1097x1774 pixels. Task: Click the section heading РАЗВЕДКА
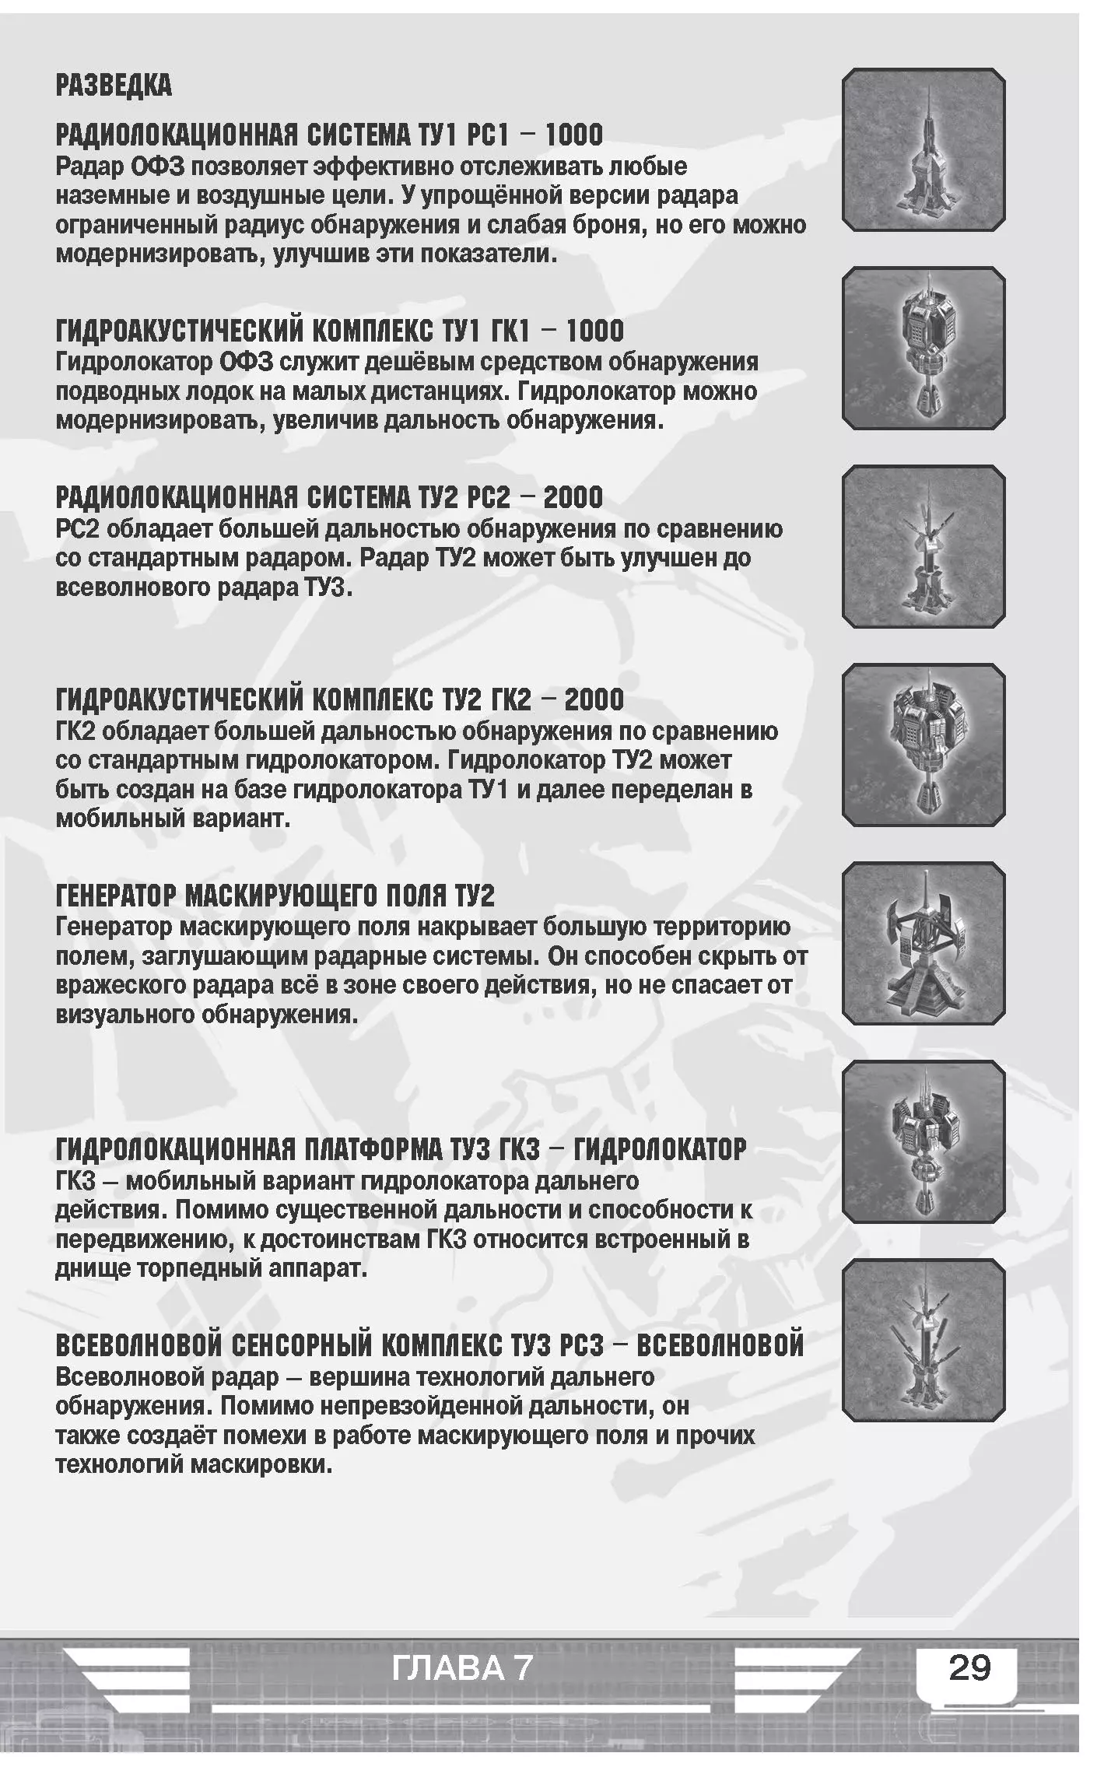click(114, 86)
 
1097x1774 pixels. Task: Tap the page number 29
click(969, 1667)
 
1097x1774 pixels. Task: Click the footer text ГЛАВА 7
click(462, 1668)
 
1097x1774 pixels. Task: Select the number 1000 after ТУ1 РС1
click(573, 135)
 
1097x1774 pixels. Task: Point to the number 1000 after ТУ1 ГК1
click(594, 331)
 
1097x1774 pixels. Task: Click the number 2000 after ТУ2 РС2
click(573, 497)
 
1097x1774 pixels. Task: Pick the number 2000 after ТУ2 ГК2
click(594, 699)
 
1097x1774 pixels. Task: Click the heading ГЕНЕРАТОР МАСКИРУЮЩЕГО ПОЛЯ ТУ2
click(275, 896)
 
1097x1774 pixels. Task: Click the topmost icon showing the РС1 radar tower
click(924, 149)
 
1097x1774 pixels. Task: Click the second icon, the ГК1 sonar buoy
click(924, 348)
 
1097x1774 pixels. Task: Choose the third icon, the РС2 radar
click(924, 546)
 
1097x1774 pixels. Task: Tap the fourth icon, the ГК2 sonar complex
click(924, 745)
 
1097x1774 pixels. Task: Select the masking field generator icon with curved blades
click(924, 943)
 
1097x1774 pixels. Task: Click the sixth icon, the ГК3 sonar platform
click(924, 1141)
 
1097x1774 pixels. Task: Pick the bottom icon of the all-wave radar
click(924, 1340)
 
